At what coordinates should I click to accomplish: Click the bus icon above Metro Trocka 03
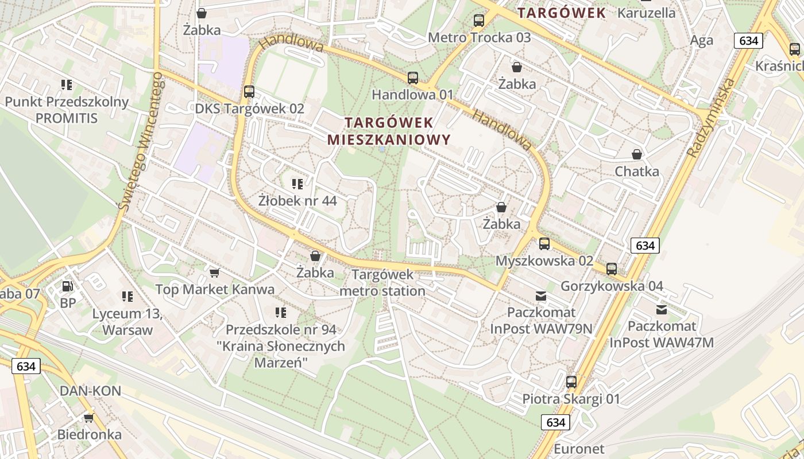coord(478,21)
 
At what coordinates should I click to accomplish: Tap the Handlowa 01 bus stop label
coord(412,95)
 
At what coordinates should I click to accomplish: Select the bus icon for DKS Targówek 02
coord(249,92)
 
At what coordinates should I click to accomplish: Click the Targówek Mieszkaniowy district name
coord(389,131)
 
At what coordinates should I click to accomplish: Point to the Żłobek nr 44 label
coord(297,201)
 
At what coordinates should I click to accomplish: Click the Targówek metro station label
coord(382,282)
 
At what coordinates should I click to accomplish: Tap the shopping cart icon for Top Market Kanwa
coord(214,273)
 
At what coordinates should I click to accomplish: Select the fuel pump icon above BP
coord(68,286)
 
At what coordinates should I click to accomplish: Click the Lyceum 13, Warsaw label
coord(127,322)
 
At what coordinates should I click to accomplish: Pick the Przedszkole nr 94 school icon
coord(281,313)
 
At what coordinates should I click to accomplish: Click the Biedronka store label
coord(89,434)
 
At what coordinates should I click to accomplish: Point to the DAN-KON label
coord(90,391)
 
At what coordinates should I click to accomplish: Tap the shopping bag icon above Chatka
coord(636,154)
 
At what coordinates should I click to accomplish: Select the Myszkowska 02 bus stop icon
coord(544,244)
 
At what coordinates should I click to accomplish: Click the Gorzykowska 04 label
coord(612,286)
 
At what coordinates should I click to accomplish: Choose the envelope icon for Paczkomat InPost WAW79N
coord(540,296)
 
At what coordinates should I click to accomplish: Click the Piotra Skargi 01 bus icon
coord(571,382)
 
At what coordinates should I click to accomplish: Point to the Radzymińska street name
coord(711,118)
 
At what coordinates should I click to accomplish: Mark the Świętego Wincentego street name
coord(141,143)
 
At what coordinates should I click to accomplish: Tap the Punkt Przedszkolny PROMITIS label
coord(67,110)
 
